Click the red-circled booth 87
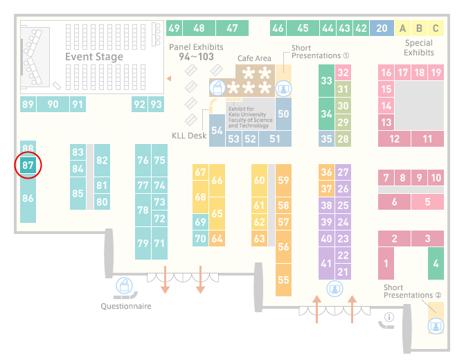click(x=28, y=166)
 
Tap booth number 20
click(x=382, y=28)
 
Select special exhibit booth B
click(x=419, y=28)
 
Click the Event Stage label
click(x=94, y=57)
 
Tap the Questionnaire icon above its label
click(x=124, y=286)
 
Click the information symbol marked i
click(x=389, y=318)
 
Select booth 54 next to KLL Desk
click(x=217, y=130)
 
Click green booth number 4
click(x=435, y=264)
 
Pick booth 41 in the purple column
click(x=326, y=264)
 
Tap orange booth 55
click(x=283, y=280)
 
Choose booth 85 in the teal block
click(x=78, y=193)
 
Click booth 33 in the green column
click(x=326, y=80)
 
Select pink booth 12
click(x=395, y=138)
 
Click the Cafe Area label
click(x=254, y=59)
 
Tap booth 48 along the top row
click(x=199, y=28)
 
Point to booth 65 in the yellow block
click(x=217, y=213)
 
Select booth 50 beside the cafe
click(x=283, y=114)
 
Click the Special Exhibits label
click(x=419, y=47)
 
